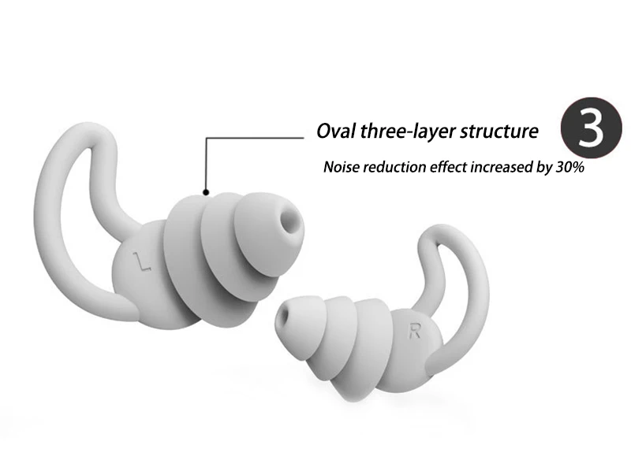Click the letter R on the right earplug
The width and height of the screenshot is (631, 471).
[413, 331]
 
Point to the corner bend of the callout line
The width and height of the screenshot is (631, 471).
[207, 139]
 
